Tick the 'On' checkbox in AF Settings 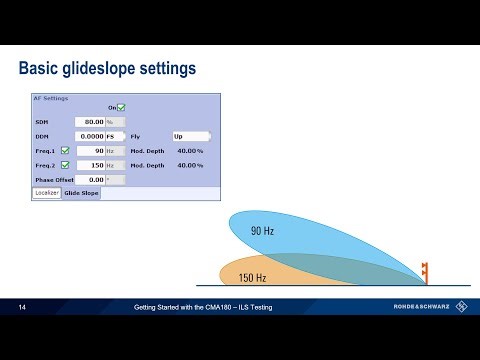point(121,107)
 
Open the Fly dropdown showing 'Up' point(191,136)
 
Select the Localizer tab point(46,193)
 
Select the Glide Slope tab point(81,193)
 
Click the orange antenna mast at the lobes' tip point(425,270)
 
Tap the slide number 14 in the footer point(22,307)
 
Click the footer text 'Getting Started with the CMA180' point(203,307)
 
